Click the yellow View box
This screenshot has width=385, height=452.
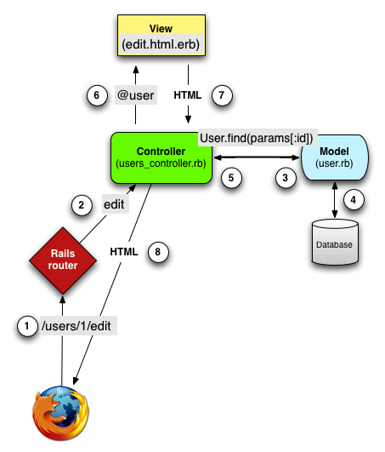pyautogui.click(x=161, y=35)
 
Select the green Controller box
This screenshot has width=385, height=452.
pyautogui.click(x=161, y=158)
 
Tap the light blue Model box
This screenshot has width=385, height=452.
pyautogui.click(x=334, y=157)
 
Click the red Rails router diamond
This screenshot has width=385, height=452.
pyautogui.click(x=63, y=260)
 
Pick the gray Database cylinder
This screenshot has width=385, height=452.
pyautogui.click(x=335, y=242)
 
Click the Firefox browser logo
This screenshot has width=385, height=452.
pyautogui.click(x=60, y=413)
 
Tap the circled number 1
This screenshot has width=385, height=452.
pyautogui.click(x=27, y=326)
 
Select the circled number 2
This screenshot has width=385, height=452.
pyautogui.click(x=82, y=205)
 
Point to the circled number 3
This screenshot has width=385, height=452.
pyautogui.click(x=286, y=178)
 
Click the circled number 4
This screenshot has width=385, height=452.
pyautogui.click(x=354, y=199)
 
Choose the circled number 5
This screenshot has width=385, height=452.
pyautogui.click(x=231, y=178)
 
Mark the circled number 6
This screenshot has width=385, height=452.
pyautogui.click(x=97, y=95)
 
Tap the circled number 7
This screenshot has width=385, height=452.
pyautogui.click(x=222, y=95)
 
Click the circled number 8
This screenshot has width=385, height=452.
pyautogui.click(x=158, y=252)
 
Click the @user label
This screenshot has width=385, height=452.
pyautogui.click(x=136, y=94)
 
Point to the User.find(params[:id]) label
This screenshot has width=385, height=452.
pyautogui.click(x=258, y=138)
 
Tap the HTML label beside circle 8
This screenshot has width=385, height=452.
pyautogui.click(x=124, y=252)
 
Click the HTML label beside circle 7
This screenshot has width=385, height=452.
pyautogui.click(x=188, y=94)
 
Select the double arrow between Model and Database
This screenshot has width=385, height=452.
pyautogui.click(x=335, y=200)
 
